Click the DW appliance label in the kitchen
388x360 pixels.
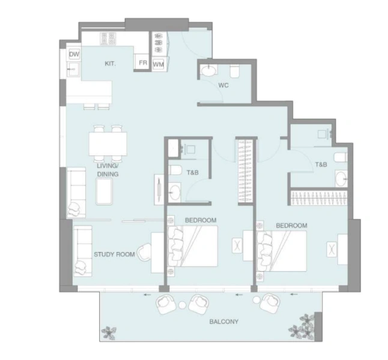[x=74, y=55]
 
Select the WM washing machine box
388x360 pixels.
[x=158, y=63]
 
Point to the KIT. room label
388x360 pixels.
[x=110, y=63]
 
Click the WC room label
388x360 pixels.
[x=223, y=85]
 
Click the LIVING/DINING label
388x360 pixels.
[x=108, y=170]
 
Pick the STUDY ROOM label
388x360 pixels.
[x=114, y=254]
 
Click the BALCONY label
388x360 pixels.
[x=223, y=322]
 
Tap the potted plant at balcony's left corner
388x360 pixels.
[x=109, y=331]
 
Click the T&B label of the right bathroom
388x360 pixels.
[x=321, y=164]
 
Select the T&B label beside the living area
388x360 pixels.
[x=192, y=173]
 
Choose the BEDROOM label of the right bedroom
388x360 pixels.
[x=291, y=226]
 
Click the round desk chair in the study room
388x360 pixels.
[x=144, y=253]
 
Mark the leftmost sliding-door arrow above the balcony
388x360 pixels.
[x=147, y=295]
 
